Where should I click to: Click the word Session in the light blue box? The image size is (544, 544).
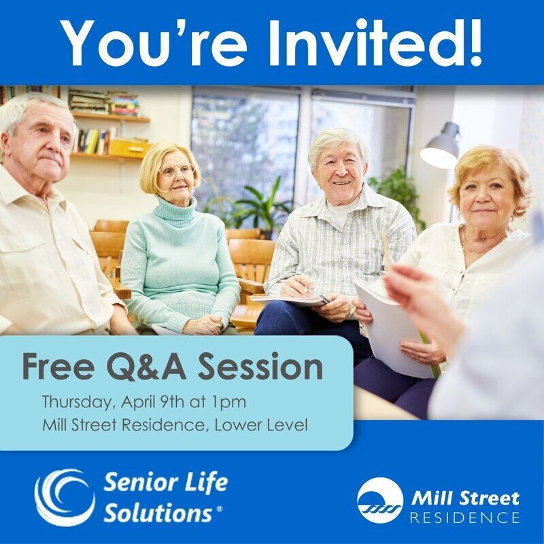click(x=260, y=366)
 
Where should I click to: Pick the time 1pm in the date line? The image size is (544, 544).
click(x=228, y=403)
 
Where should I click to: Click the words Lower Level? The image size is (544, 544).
click(x=261, y=425)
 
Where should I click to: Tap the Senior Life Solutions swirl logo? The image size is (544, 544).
click(x=65, y=497)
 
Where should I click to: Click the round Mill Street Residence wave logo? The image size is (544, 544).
click(x=380, y=500)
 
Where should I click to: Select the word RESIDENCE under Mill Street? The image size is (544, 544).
click(x=465, y=517)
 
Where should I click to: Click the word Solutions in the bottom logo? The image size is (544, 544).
click(x=158, y=513)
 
